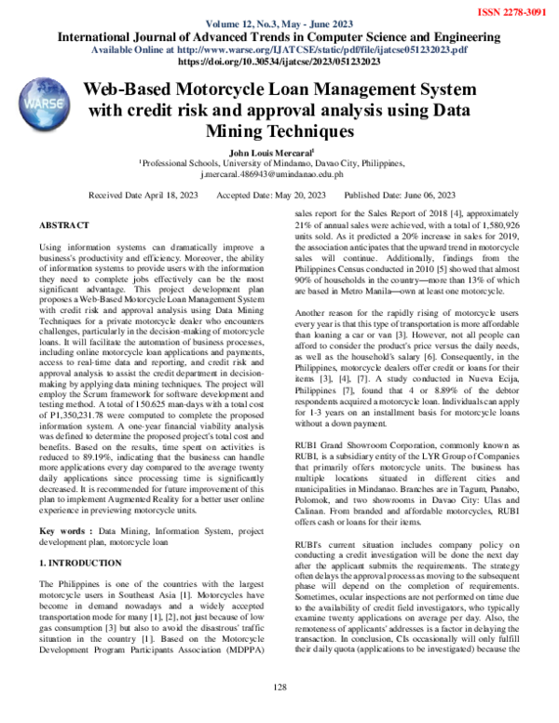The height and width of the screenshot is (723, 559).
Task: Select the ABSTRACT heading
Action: click(64, 226)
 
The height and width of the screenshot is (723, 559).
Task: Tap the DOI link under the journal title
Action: click(279, 61)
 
